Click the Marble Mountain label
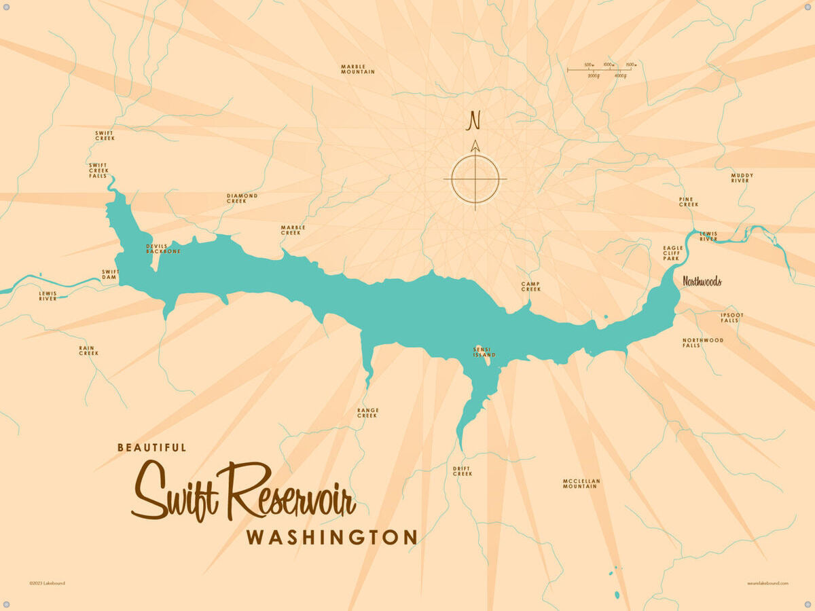357,69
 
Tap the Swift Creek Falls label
98,170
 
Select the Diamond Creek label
242,198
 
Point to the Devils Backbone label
163,248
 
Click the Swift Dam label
110,274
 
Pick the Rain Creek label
88,350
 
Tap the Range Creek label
367,413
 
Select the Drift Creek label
462,471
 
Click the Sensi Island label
484,352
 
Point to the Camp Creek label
530,286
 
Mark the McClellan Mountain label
581,483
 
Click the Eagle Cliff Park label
672,253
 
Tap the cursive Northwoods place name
702,282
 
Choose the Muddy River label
742,178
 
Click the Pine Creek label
688,202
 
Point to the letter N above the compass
473,121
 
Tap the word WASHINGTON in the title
331,538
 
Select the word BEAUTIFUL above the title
151,448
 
